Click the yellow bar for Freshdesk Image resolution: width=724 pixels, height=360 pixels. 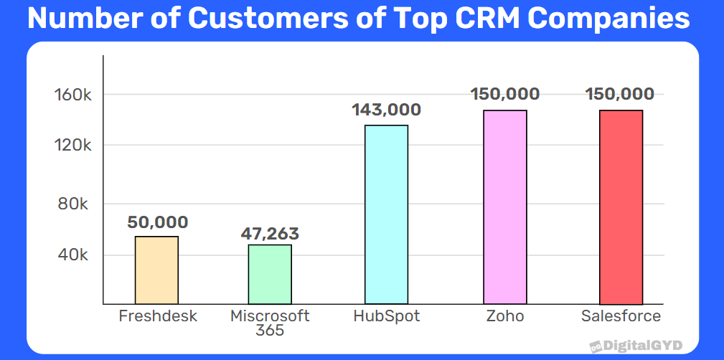coord(156,270)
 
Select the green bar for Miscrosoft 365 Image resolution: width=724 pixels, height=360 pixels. coord(270,275)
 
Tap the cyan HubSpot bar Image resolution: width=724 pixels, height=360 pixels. coord(386,214)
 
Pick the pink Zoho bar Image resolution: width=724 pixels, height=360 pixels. coord(505,207)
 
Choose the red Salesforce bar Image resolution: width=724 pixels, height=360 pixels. coord(621,207)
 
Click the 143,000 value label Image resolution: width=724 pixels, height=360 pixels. coord(386,110)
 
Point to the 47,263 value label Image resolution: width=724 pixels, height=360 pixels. coord(270,234)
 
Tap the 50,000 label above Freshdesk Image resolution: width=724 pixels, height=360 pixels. coord(158,222)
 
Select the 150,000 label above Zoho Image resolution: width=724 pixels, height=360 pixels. coord(505,94)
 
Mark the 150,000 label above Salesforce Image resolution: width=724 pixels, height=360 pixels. coord(620,94)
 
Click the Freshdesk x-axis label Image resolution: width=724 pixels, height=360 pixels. coord(158,316)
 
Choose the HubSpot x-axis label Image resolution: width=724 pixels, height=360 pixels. coord(386,316)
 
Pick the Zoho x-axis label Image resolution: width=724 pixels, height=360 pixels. coord(505,316)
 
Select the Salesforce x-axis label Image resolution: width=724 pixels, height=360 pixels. coord(621,316)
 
